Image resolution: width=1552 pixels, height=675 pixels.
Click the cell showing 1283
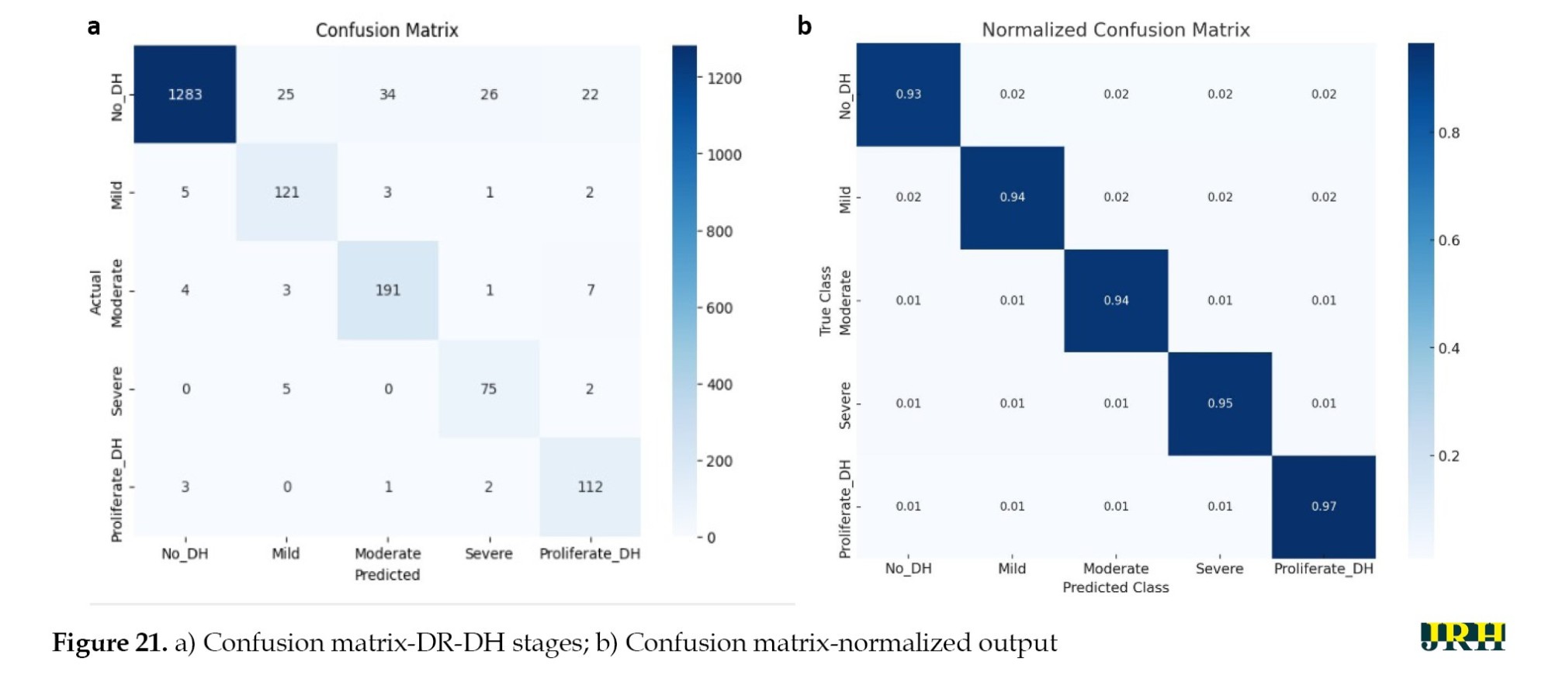(x=185, y=95)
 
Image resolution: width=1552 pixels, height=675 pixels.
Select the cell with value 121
(x=286, y=192)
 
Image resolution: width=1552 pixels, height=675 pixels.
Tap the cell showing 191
(x=387, y=290)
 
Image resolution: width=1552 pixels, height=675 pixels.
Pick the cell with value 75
(x=488, y=389)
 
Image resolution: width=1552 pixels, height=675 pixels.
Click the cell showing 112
(x=590, y=486)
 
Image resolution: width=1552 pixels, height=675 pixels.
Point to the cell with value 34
(x=387, y=95)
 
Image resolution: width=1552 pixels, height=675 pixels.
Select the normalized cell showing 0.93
(x=908, y=94)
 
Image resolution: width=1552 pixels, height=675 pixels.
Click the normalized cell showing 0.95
(x=1219, y=403)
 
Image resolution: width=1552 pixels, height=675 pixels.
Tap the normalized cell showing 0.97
(x=1323, y=507)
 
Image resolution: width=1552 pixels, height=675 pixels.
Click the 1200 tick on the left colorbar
(x=723, y=78)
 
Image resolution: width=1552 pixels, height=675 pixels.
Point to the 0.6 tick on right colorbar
(x=1448, y=241)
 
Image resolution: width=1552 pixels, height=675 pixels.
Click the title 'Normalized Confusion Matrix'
(x=1115, y=29)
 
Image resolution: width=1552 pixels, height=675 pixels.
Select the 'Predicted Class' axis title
(x=1115, y=587)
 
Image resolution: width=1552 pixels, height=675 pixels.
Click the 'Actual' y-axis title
(x=95, y=292)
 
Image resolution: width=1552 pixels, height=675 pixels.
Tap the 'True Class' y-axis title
(x=825, y=301)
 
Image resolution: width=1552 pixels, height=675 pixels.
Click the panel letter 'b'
(x=804, y=26)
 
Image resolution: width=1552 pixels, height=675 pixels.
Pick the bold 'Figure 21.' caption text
(x=109, y=642)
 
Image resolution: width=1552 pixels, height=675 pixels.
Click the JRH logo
(x=1462, y=637)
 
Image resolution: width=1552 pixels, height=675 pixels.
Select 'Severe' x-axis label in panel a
(x=488, y=553)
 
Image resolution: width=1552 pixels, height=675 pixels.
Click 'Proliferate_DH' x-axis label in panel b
(x=1323, y=569)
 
